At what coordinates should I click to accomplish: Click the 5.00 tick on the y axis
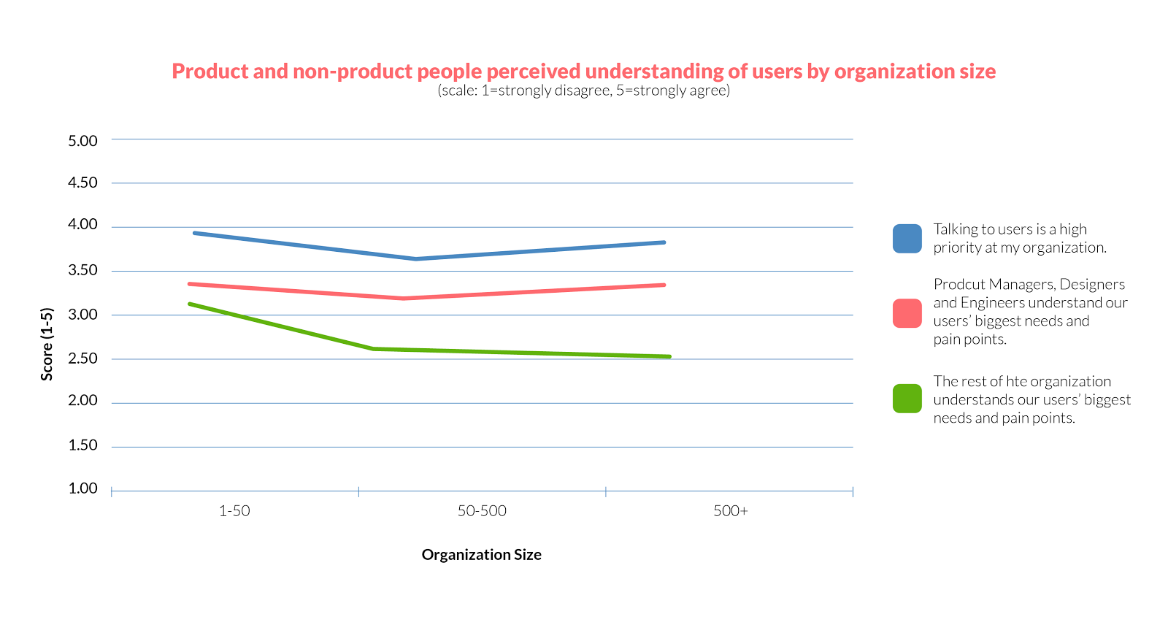click(82, 141)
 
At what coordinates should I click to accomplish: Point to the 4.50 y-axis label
click(82, 183)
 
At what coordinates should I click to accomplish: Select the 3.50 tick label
click(82, 270)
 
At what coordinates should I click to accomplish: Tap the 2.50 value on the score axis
click(82, 358)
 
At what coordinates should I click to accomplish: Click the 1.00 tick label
click(82, 488)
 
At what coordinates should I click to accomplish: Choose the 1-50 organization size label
click(234, 511)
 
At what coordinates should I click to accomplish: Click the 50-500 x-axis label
click(482, 511)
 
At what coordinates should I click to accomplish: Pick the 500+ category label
click(731, 511)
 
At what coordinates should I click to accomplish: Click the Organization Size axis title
click(482, 555)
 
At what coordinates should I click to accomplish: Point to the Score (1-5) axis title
click(47, 344)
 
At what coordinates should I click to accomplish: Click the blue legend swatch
click(907, 239)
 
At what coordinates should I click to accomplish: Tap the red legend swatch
click(907, 313)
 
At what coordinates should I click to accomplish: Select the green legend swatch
click(907, 399)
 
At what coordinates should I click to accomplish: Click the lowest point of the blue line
click(415, 258)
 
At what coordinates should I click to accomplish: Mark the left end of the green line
click(189, 304)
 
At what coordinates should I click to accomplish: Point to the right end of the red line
click(664, 285)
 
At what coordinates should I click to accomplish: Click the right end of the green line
click(669, 356)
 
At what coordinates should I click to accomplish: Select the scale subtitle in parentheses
click(583, 91)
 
